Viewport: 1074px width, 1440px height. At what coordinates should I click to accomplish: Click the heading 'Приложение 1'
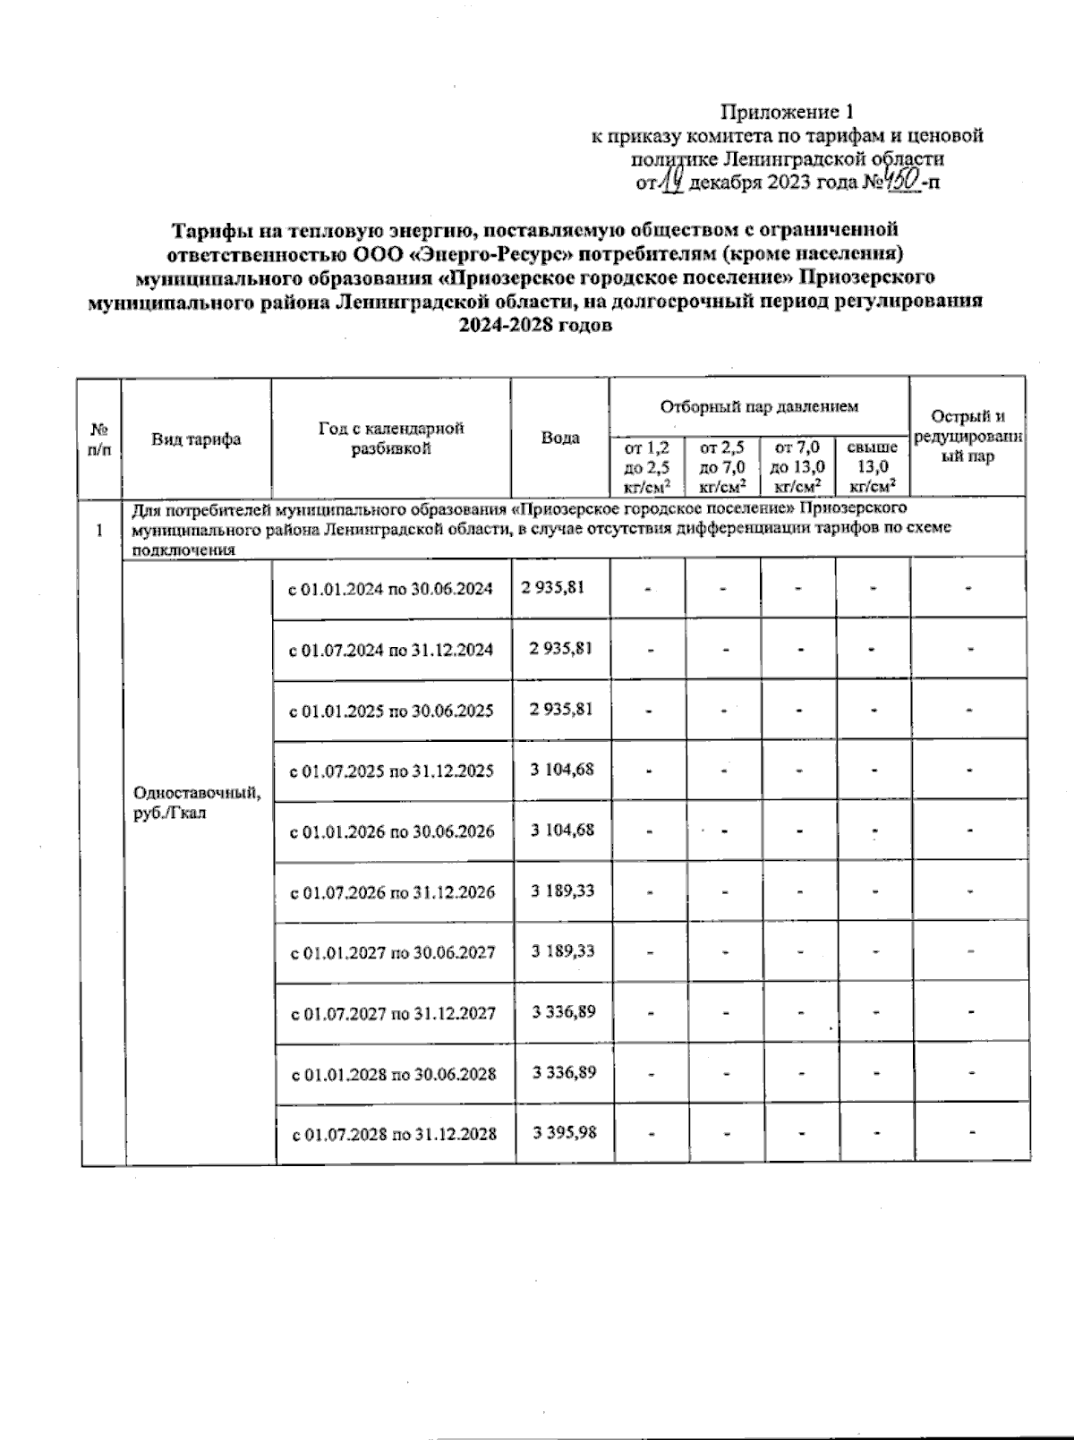tap(788, 112)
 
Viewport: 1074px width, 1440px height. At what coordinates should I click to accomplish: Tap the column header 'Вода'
tap(560, 438)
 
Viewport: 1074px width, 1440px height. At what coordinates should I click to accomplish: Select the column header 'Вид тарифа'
tap(196, 439)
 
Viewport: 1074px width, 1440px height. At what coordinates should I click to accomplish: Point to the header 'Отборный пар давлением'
tap(759, 406)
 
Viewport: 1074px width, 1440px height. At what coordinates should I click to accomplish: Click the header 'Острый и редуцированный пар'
tap(968, 436)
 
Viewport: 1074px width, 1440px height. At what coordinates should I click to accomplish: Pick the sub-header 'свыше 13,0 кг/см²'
tap(873, 466)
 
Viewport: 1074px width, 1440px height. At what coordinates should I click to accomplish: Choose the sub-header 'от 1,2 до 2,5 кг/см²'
tap(647, 466)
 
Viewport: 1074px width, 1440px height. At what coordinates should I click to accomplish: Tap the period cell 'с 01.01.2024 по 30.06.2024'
tap(390, 589)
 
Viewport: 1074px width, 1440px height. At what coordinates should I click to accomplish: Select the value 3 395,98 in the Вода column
tap(564, 1132)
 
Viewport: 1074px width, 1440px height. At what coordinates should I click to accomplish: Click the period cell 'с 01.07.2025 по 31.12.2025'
tap(391, 771)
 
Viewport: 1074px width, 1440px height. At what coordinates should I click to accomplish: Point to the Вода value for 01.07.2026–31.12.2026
tap(563, 890)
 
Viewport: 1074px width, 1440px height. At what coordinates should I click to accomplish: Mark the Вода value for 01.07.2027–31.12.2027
tap(564, 1011)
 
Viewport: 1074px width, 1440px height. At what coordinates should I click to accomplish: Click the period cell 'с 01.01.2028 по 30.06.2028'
tap(394, 1073)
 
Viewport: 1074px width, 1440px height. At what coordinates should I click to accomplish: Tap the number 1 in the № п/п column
tap(99, 530)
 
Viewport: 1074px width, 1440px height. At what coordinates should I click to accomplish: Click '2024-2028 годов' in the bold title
tap(535, 325)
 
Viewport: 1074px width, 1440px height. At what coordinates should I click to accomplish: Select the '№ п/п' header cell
tap(99, 439)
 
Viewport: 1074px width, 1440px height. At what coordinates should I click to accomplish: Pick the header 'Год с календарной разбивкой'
tap(391, 439)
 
